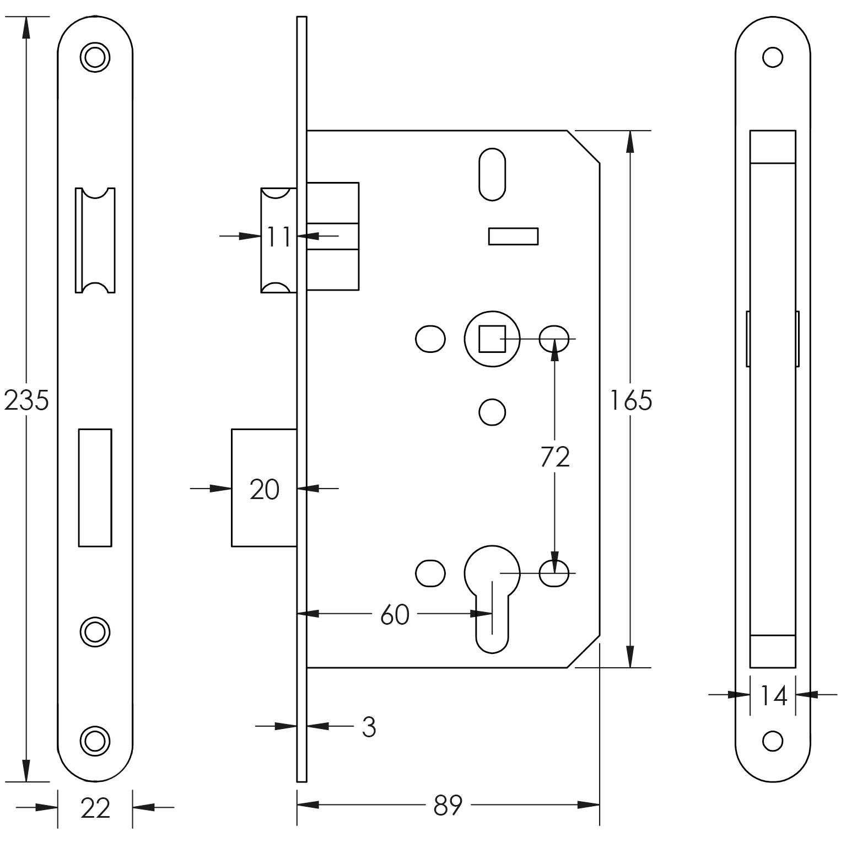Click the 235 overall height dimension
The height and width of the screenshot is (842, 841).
pos(26,400)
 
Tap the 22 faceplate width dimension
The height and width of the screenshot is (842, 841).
pos(95,808)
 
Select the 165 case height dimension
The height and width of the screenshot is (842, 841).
pos(630,400)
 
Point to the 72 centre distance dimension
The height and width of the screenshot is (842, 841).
pos(555,457)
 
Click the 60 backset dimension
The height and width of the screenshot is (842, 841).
pos(395,614)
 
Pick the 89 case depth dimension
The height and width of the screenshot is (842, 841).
pos(448,806)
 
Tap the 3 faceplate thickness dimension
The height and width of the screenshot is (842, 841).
pos(369,727)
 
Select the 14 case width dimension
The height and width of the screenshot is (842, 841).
pos(773,696)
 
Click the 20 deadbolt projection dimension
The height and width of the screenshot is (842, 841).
pos(265,490)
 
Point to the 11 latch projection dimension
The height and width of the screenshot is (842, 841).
pos(278,237)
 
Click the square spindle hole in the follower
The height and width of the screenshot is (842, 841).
pos(492,339)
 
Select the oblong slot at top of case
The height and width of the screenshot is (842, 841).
pos(492,174)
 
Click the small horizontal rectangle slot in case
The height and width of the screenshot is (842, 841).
pos(513,236)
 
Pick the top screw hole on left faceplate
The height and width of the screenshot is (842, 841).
pos(95,56)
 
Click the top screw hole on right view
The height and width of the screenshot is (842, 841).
pos(773,57)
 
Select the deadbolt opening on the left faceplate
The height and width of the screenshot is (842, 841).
pos(95,487)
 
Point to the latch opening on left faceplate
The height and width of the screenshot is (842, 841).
pos(95,240)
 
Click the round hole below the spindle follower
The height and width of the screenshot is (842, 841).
pos(492,412)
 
